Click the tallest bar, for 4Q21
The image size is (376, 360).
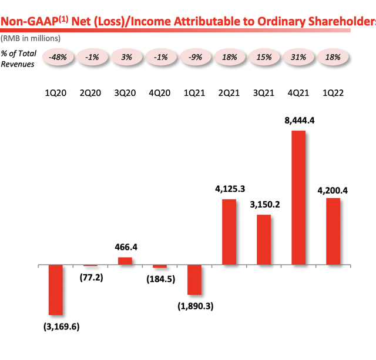(298, 198)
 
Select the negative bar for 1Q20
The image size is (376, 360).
(55, 290)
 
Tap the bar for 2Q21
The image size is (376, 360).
(229, 232)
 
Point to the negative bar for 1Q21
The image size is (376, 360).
(194, 279)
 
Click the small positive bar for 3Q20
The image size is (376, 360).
(125, 261)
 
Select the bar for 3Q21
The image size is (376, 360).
(263, 240)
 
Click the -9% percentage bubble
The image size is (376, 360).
(194, 58)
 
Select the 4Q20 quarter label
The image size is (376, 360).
(160, 93)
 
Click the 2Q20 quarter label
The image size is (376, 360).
(90, 93)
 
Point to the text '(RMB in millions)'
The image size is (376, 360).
(30, 38)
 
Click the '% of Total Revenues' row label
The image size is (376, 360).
(18, 58)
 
